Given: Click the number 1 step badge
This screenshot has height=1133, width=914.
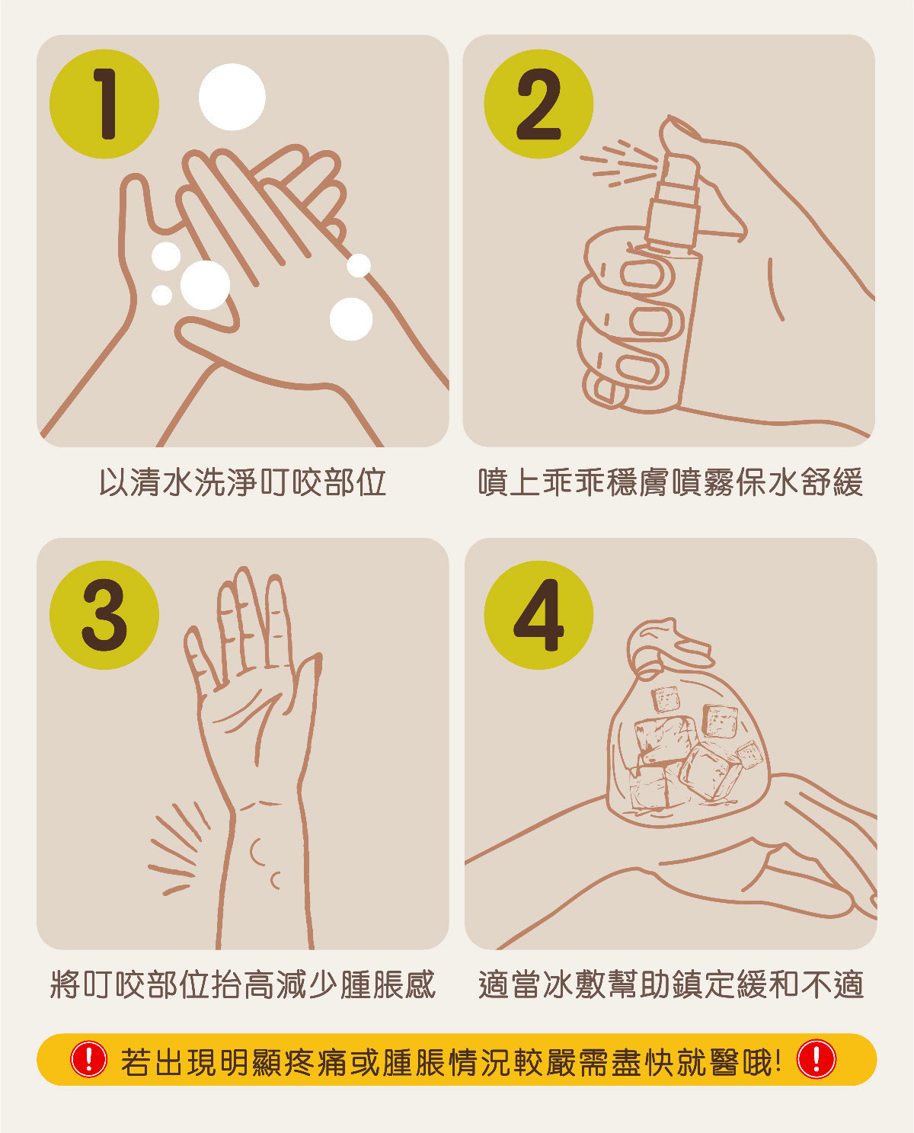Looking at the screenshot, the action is pos(104,104).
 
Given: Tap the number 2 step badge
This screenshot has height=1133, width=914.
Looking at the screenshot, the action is pos(538,104).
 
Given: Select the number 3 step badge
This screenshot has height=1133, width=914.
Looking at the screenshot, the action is pos(104,615).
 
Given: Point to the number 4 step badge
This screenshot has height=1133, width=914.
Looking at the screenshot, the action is pos(538,615).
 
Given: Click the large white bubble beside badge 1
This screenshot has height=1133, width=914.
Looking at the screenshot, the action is pos(232,97).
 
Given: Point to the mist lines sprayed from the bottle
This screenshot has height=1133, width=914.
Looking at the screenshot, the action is pos(619,163).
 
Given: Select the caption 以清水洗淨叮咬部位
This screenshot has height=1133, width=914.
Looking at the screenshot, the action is pos(243,482).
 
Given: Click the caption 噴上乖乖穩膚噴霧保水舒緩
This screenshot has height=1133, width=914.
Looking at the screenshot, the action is pos(671,482).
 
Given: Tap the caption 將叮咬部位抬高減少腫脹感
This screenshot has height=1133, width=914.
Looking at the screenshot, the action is pos(243,984).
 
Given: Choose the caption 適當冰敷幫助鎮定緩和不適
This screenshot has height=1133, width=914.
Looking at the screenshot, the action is pos(671,984).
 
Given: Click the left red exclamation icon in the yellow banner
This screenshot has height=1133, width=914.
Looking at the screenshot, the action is pos(89,1058).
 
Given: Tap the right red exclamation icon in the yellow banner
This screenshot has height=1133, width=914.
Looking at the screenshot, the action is pos(817,1058).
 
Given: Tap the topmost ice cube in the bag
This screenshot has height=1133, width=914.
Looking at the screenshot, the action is pos(666,699).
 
